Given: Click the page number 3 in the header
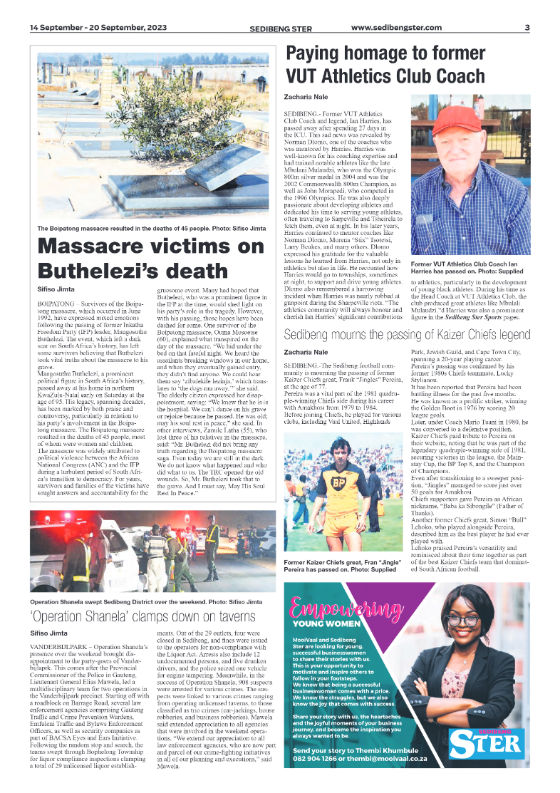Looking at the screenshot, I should pyautogui.click(x=527, y=28).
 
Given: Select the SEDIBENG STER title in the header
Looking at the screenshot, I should pyautogui.click(x=281, y=28).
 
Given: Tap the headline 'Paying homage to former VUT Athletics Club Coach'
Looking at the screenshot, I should pyautogui.click(x=385, y=65).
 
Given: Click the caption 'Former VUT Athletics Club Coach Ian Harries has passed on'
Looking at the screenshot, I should pyautogui.click(x=470, y=268).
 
